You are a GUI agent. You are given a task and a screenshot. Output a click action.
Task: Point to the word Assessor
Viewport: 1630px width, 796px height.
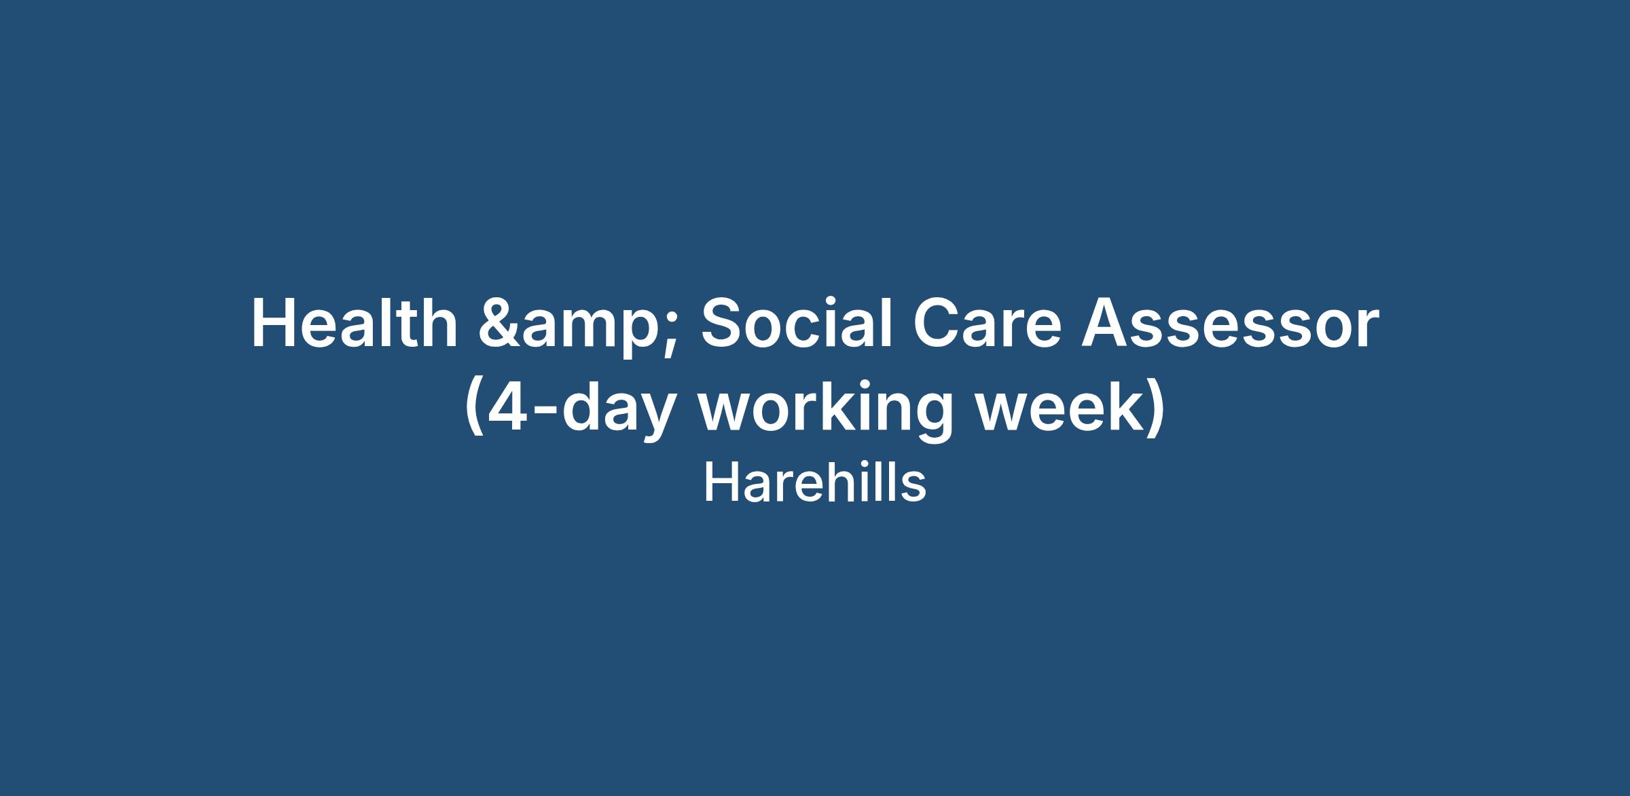click(1231, 324)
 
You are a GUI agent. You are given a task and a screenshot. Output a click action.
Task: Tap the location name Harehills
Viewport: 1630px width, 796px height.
click(814, 484)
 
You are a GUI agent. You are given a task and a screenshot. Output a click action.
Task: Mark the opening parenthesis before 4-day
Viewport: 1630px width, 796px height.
click(473, 411)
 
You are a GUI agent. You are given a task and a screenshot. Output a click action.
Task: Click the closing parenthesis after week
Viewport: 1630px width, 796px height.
click(1156, 411)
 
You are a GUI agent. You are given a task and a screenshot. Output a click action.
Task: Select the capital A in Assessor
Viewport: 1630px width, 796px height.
click(1107, 324)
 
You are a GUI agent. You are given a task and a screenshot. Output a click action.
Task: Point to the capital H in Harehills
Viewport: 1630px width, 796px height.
click(719, 484)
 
